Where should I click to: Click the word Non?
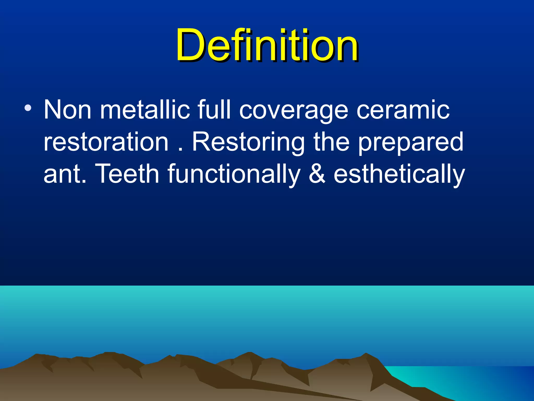coord(67,110)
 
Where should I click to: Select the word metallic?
coord(145,110)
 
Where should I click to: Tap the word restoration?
coord(106,142)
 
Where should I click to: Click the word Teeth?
coord(128,174)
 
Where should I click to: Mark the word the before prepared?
coord(331,142)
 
